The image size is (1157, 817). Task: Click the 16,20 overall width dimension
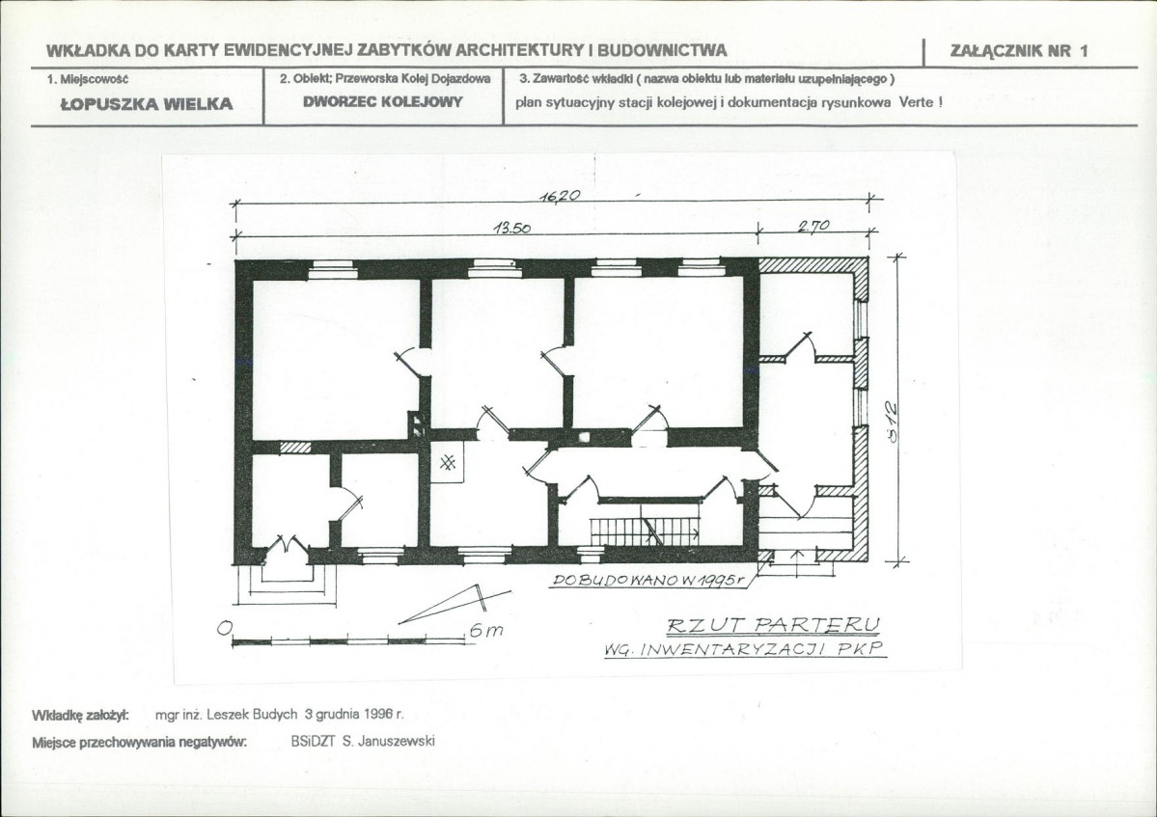pos(560,196)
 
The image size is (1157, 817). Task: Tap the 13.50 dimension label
pos(512,228)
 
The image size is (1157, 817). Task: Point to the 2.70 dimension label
pos(813,227)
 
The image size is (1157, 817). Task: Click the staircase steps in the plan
pos(645,530)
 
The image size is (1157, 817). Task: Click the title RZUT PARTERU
pos(773,626)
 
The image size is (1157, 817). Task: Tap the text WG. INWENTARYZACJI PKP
pos(744,649)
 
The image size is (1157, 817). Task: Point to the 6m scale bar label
pos(484,631)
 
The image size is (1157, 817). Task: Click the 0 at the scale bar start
pos(224,628)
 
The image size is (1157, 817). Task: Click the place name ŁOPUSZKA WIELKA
pos(146,104)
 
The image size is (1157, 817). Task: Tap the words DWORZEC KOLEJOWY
pos(382,101)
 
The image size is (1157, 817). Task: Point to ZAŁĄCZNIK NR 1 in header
pos(1019,51)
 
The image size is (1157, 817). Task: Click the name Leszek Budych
pos(252,714)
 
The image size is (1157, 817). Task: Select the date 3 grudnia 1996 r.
pos(354,714)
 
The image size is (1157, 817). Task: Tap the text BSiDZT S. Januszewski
pos(363,741)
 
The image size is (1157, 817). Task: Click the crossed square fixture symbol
pos(447,462)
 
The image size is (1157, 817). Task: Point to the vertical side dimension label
pos(893,421)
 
